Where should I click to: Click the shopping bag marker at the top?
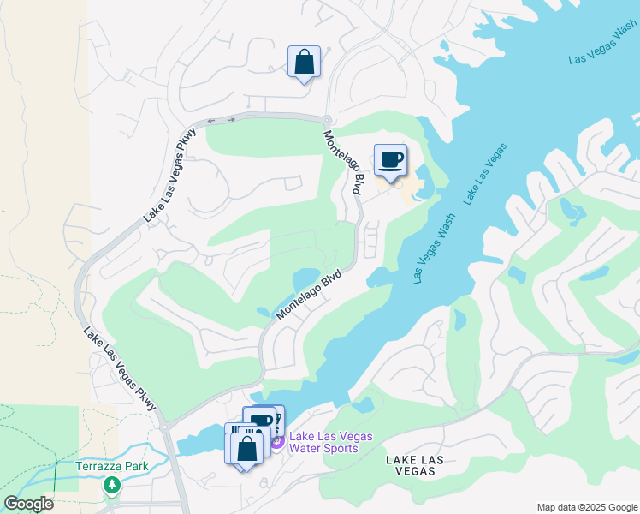tap(304, 63)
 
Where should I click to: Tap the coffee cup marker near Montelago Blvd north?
tap(390, 160)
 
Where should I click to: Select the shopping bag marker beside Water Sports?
tap(246, 449)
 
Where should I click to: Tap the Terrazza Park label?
tap(111, 467)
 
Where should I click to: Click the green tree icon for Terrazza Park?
tap(111, 486)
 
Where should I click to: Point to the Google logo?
tap(28, 504)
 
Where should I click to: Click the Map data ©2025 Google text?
tap(586, 507)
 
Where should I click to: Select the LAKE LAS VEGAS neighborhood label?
tap(414, 466)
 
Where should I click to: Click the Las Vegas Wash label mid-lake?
tap(432, 248)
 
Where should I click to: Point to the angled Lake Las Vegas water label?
tap(484, 174)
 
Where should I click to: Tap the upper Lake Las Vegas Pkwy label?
tap(170, 176)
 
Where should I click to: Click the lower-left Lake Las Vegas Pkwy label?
tap(120, 368)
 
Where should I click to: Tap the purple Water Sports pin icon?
tap(277, 440)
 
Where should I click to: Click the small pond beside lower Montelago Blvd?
tap(305, 279)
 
